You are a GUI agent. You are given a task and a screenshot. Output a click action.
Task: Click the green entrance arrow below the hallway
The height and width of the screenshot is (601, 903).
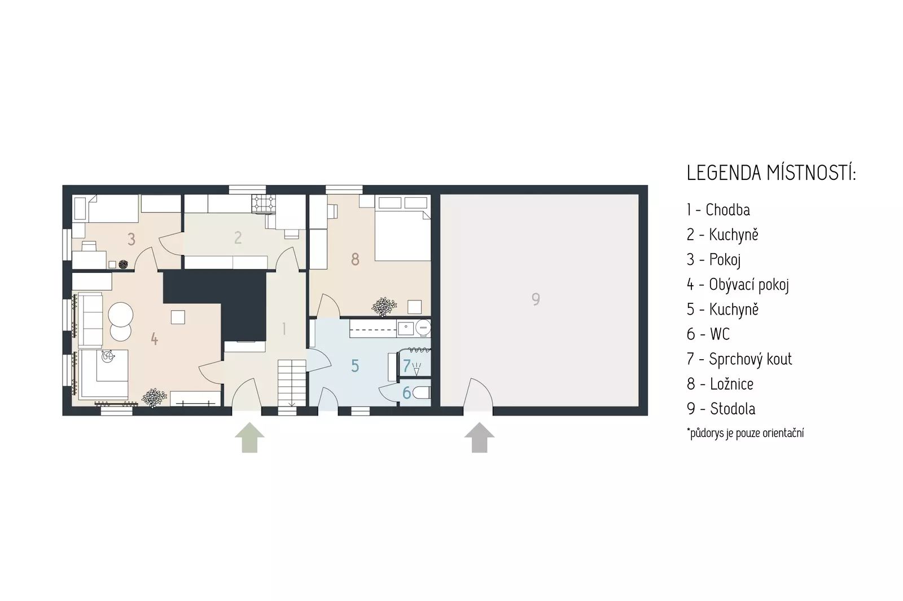(249, 438)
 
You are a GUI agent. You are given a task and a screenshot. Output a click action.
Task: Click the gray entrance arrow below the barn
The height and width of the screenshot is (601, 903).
(479, 438)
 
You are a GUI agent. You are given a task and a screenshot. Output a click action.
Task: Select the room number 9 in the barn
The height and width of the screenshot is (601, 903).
(536, 299)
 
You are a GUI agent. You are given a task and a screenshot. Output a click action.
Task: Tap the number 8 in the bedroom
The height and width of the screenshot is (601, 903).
(355, 259)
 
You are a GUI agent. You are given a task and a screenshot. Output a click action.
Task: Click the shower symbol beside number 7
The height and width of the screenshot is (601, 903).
(417, 369)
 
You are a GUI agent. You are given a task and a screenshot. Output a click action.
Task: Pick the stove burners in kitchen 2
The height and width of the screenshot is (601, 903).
(264, 204)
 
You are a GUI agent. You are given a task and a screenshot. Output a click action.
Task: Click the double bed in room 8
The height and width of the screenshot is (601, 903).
(403, 228)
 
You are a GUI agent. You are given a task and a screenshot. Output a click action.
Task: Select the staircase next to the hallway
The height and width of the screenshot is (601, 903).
(292, 383)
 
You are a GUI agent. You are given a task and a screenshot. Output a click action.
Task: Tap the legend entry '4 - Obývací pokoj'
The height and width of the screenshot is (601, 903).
(738, 285)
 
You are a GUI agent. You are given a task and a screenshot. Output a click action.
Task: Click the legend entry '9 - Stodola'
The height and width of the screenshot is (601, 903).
(721, 409)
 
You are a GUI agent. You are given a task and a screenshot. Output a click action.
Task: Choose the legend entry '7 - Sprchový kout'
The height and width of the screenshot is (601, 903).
(739, 359)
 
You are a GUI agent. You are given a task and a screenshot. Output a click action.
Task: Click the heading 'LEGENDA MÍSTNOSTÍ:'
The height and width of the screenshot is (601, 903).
(771, 173)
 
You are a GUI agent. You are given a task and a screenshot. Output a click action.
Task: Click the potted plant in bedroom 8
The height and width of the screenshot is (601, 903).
(384, 307)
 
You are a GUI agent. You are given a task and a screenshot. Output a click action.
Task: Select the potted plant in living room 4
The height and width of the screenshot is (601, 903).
(154, 398)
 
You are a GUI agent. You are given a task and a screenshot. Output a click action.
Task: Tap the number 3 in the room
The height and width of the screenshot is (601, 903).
(131, 239)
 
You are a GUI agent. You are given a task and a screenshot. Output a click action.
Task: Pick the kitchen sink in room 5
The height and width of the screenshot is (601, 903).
(405, 328)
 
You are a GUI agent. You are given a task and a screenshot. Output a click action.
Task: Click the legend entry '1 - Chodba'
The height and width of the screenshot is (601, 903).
(718, 210)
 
